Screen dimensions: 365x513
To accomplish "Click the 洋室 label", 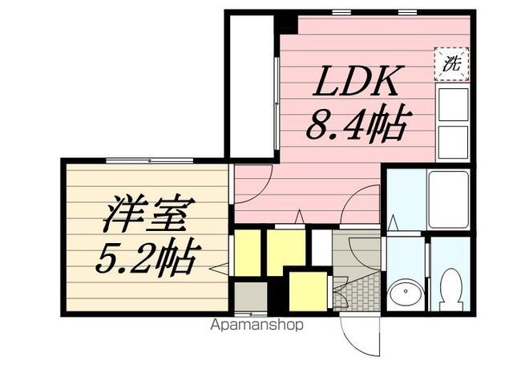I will click(x=147, y=214).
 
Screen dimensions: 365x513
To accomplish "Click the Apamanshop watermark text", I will click(x=256, y=326).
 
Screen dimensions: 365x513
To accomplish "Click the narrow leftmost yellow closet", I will click(x=248, y=253).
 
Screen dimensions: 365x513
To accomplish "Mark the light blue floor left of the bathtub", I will click(x=403, y=196).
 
